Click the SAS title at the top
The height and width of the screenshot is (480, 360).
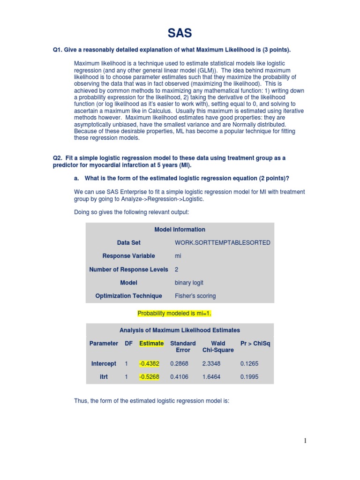click(x=180, y=33)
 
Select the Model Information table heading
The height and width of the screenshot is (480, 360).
click(x=180, y=229)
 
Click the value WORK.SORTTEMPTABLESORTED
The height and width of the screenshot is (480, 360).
click(x=222, y=243)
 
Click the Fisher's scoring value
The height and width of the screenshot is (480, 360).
click(x=195, y=296)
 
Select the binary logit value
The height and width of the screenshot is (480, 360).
click(x=189, y=283)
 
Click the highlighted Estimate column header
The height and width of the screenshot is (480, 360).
click(x=151, y=343)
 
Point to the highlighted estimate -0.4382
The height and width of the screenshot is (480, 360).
click(x=149, y=363)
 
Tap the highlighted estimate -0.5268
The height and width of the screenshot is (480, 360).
click(x=149, y=376)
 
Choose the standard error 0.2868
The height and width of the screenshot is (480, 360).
click(x=179, y=363)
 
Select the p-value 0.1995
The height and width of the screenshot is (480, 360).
click(x=249, y=376)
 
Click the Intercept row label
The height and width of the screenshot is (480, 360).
click(x=104, y=363)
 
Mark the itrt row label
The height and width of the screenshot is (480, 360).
click(x=104, y=376)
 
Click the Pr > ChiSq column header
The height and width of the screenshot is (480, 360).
click(x=255, y=343)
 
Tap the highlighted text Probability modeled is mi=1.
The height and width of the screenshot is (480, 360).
click(x=177, y=313)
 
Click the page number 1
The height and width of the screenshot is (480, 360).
click(x=305, y=440)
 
